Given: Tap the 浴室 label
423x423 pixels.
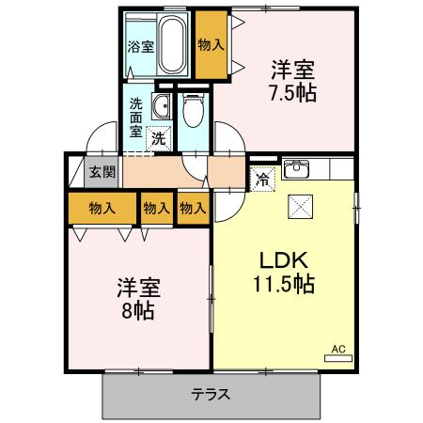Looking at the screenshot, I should tap(141, 45).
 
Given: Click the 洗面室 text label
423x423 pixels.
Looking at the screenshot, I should tap(137, 117).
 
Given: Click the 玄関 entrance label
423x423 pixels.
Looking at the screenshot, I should tap(102, 171).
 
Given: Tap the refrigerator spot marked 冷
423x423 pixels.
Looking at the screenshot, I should tap(260, 176).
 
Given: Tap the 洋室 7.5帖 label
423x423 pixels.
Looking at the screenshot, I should tap(290, 81).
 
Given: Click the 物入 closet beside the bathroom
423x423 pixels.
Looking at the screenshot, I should tap(211, 45).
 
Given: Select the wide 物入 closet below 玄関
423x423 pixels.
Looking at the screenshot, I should tap(102, 208).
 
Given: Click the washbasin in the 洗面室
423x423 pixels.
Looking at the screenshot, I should tap(161, 104).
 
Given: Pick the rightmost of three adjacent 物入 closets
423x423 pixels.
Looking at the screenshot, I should tap(193, 208).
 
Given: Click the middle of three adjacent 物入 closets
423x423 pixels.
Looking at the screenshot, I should tap(156, 208).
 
